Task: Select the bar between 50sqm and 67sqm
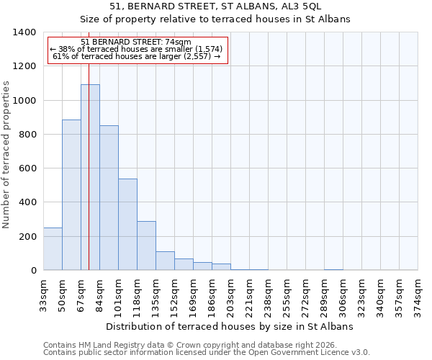[x=71, y=194]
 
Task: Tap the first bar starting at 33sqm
[x=53, y=248]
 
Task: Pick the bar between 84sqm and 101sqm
[x=109, y=198]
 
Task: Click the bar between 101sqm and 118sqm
[x=127, y=224]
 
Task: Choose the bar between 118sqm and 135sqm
[x=146, y=246]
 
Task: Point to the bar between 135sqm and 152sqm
[x=165, y=261]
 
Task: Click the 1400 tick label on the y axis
[x=24, y=32]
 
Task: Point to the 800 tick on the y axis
[x=27, y=135]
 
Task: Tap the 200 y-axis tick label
[x=27, y=237]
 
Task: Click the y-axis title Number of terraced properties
[x=7, y=155]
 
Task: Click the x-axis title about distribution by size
[x=230, y=326]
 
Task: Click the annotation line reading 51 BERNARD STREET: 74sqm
[x=136, y=42]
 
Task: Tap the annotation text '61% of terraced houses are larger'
[x=136, y=57]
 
